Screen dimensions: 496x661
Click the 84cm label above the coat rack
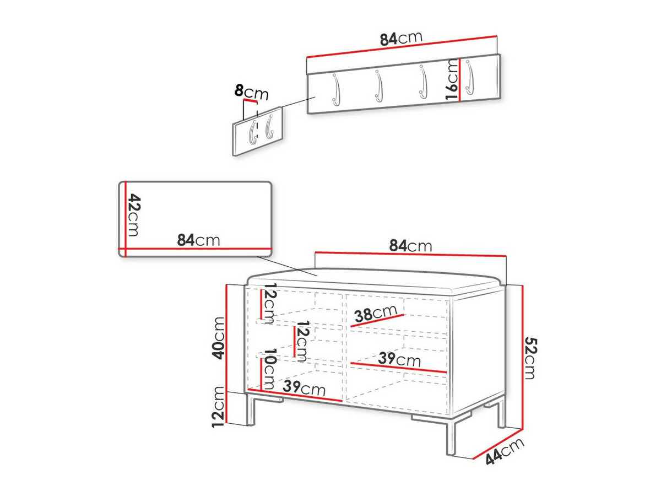(x=400, y=39)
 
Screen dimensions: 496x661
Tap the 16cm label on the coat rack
(x=452, y=80)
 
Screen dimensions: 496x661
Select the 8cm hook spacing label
(x=251, y=92)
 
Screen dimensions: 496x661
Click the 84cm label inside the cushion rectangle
(x=198, y=240)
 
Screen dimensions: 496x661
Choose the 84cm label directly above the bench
(x=410, y=246)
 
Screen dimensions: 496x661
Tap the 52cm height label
(x=529, y=358)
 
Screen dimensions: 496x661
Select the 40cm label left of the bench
(x=219, y=338)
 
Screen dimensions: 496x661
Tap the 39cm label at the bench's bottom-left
(x=304, y=388)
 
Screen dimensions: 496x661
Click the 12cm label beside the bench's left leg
(x=219, y=407)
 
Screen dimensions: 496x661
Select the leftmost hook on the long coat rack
(x=335, y=88)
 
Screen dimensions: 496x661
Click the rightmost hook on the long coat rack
(x=469, y=77)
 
